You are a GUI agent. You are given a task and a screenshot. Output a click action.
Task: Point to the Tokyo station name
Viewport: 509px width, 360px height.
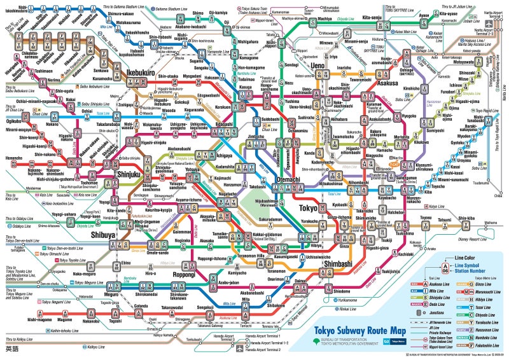(308, 208)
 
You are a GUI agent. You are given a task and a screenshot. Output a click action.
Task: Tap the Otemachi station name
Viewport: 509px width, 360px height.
(275, 181)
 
